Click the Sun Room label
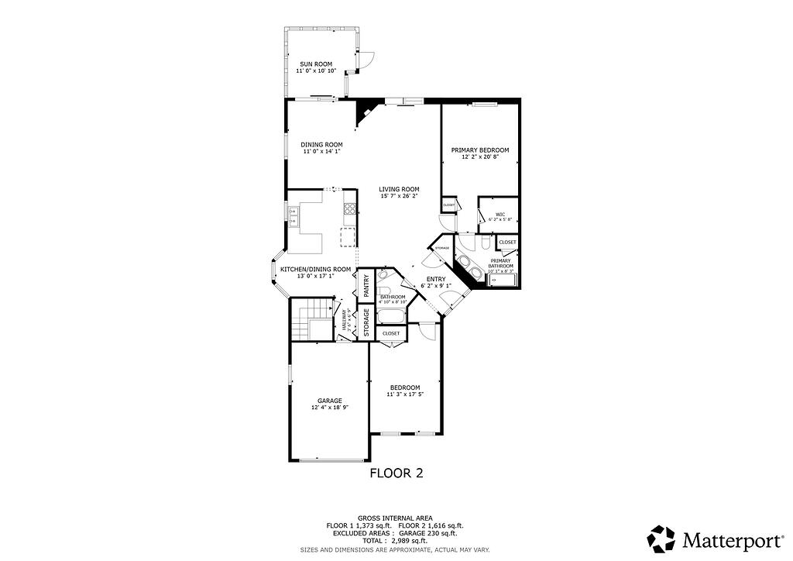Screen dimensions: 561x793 tap(316, 64)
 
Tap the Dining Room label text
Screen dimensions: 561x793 tap(321, 145)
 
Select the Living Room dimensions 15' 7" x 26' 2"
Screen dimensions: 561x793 tap(399, 196)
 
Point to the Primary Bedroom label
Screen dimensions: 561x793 tap(480, 150)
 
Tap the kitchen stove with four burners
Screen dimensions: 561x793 tap(350, 208)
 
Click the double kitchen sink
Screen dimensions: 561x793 tap(294, 215)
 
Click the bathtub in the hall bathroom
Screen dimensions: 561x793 tap(391, 316)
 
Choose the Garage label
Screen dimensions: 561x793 tap(329, 401)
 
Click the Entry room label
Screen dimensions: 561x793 tap(436, 279)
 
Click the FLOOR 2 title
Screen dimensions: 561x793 tap(396, 472)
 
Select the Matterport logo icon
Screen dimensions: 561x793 tap(661, 539)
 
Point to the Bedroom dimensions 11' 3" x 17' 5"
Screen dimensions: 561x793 tap(405, 394)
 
